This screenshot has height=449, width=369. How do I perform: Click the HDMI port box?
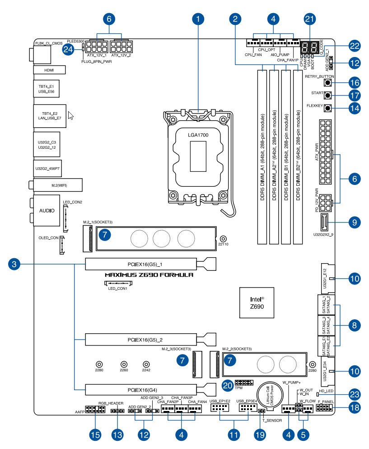(49, 70)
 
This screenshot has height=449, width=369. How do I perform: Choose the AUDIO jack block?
(47, 211)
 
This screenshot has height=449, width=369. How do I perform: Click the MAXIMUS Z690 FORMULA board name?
(149, 275)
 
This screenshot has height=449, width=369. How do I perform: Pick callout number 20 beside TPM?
(228, 385)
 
